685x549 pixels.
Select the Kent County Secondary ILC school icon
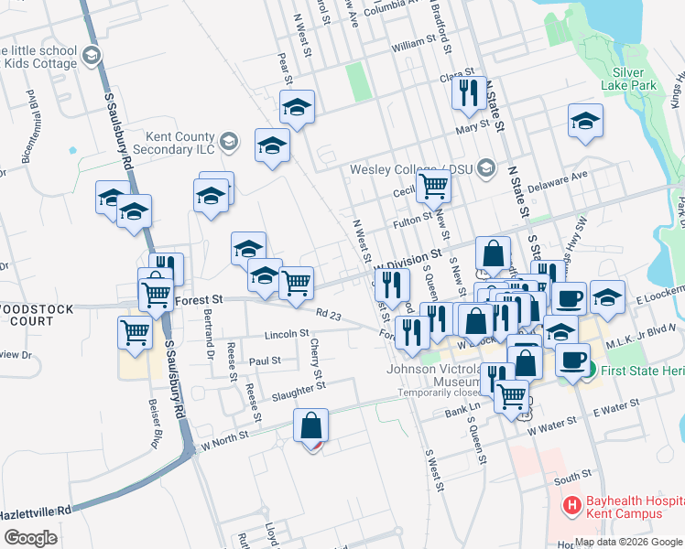point(228,141)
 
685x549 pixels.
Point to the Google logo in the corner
point(30,537)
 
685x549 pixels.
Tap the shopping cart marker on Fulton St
point(434,187)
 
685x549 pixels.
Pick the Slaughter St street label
point(299,392)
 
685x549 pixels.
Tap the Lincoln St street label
point(281,334)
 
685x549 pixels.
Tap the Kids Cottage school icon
point(91,58)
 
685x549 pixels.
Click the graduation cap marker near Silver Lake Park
point(585,121)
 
